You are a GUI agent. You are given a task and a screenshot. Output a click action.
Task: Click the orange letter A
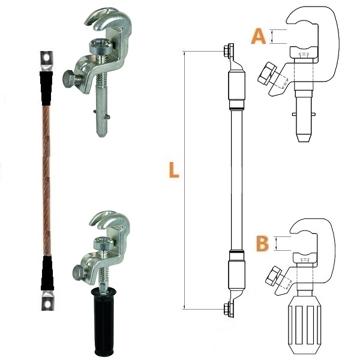click(259, 36)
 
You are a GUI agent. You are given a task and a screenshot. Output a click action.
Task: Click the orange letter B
click(262, 244)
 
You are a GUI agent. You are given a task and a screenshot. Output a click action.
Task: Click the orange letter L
click(174, 170)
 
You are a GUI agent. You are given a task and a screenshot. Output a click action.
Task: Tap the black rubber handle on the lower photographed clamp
click(104, 323)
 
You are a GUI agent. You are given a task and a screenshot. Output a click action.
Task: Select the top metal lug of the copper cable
click(47, 61)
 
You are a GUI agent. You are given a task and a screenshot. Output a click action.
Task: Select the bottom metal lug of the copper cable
click(47, 301)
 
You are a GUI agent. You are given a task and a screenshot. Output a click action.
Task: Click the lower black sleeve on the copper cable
click(47, 273)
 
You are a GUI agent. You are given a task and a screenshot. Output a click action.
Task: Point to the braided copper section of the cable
click(47, 181)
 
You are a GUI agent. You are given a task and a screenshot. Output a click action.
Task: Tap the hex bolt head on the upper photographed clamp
click(68, 79)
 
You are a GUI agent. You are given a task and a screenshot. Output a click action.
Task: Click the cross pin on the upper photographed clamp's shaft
click(102, 115)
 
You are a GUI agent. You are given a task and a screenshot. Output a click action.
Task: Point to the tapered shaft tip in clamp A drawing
click(304, 136)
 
